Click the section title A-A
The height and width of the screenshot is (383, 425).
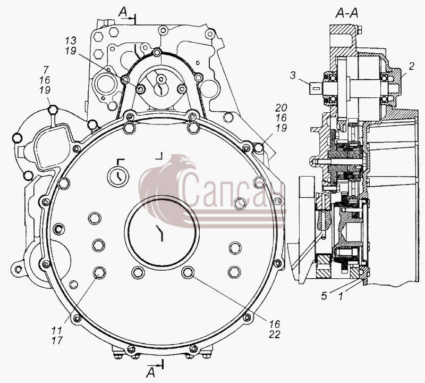[347, 12]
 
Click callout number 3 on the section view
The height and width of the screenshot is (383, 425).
[293, 75]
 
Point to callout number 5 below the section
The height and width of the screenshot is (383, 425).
[324, 296]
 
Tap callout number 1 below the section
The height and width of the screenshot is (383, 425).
[341, 296]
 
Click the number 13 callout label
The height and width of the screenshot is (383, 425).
[71, 40]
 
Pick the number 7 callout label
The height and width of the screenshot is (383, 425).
[46, 70]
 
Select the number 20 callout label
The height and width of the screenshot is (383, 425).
[281, 108]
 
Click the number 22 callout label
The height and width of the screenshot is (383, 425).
[274, 335]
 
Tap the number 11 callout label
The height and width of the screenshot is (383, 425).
[57, 331]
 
